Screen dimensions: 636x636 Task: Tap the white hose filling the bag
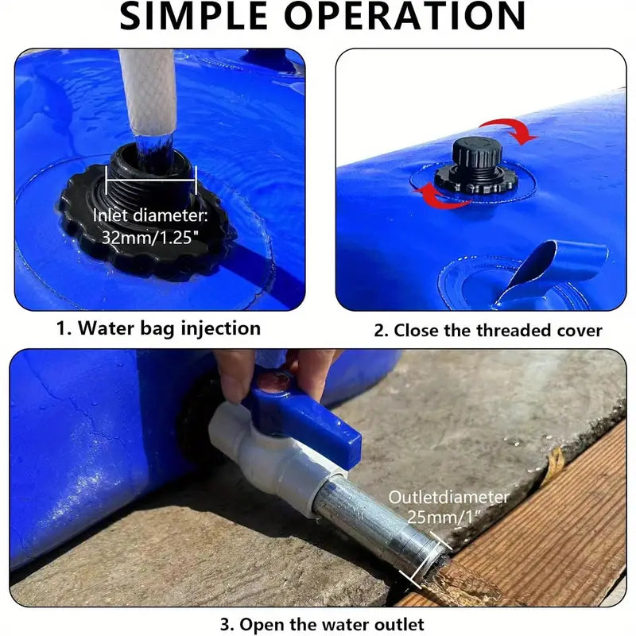(148, 91)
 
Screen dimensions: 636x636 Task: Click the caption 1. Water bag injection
(159, 328)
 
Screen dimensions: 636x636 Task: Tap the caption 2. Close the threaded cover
(488, 329)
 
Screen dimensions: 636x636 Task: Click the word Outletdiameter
(448, 497)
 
